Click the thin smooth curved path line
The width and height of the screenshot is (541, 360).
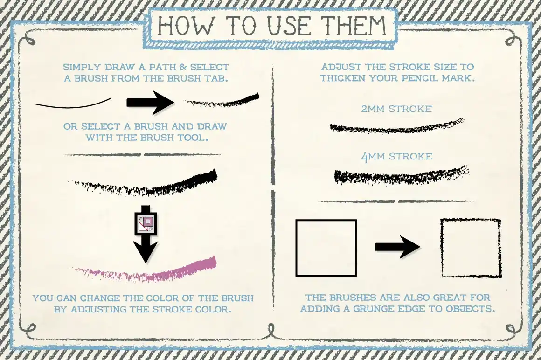click(x=73, y=104)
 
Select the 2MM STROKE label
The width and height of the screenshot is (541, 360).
click(x=396, y=109)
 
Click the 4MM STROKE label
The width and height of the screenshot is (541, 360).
click(x=396, y=156)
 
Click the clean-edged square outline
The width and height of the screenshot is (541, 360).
click(x=326, y=248)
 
